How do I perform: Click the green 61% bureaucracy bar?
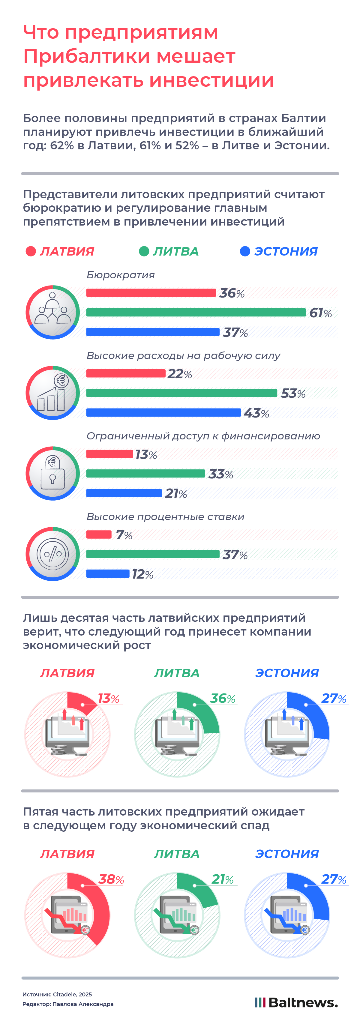coord(196,312)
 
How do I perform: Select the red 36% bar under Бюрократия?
coord(151,293)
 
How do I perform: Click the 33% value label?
coord(220,474)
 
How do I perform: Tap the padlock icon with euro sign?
coord(53,473)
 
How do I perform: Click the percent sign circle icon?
coord(53,554)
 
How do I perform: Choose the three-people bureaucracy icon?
coord(53,312)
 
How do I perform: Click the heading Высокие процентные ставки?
coord(165,516)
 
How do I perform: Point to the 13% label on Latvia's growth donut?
coord(108,698)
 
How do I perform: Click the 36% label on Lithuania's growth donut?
coord(222,698)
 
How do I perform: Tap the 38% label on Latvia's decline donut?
coord(111,879)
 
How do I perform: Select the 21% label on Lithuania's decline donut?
coord(222,879)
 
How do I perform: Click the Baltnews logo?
coord(296,1002)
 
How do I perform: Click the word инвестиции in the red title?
coord(212,80)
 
